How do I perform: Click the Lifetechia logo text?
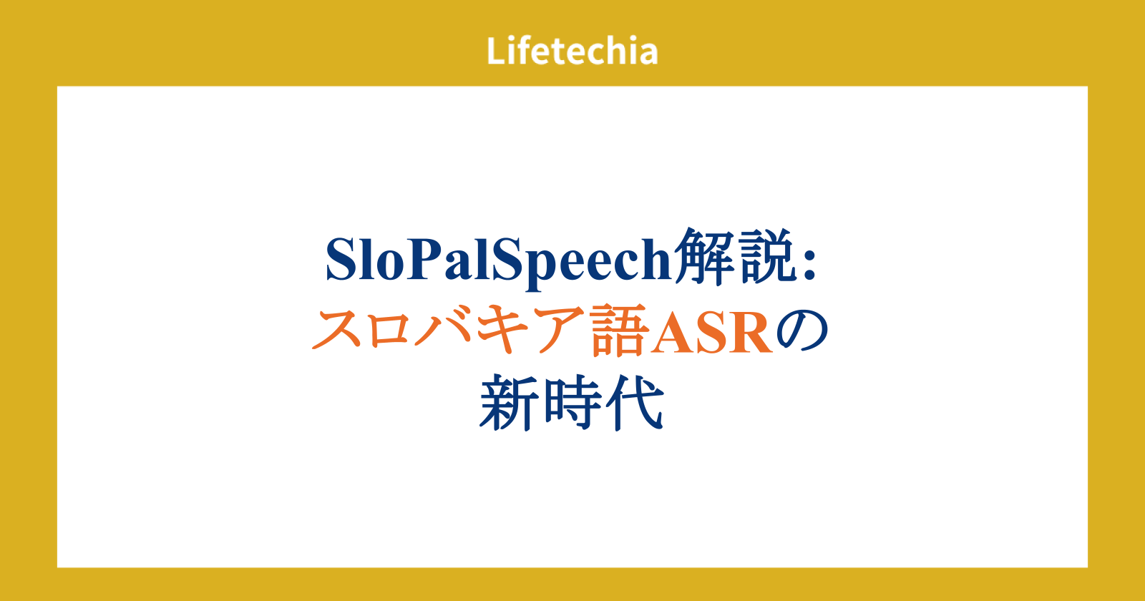tap(572, 51)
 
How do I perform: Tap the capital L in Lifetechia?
tap(496, 51)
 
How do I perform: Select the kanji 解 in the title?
tap(704, 256)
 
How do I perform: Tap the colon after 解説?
tap(809, 265)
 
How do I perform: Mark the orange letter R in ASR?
tap(751, 332)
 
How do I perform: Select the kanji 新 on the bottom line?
tap(509, 404)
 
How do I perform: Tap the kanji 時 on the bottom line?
tap(572, 404)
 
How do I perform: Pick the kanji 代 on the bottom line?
tap(635, 403)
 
